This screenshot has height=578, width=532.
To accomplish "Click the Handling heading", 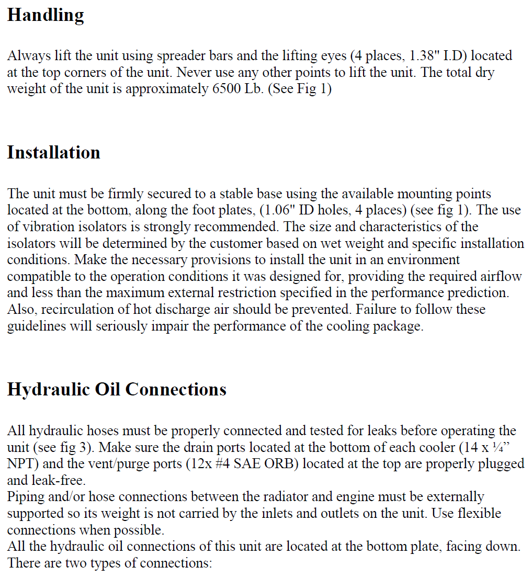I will pyautogui.click(x=46, y=16).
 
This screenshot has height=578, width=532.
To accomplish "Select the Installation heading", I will pyautogui.click(x=53, y=153).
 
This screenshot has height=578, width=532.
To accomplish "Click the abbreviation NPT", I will pyautogui.click(x=22, y=464).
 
